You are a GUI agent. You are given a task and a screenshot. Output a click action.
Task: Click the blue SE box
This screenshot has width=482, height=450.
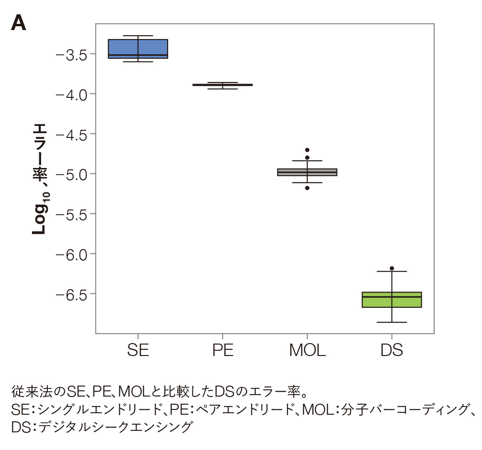point(138,48)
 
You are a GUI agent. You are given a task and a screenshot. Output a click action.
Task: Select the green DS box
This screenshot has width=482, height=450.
point(392,300)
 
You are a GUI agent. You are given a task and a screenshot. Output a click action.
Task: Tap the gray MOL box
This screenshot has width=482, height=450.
point(307,172)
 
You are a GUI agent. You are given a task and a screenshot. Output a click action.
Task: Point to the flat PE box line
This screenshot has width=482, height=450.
point(223,85)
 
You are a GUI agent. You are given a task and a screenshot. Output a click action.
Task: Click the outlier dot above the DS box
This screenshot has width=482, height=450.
point(392,268)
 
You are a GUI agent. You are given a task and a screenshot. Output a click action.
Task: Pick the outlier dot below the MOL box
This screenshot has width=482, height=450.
point(307,188)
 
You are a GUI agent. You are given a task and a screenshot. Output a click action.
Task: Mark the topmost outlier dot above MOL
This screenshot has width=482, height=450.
point(307,150)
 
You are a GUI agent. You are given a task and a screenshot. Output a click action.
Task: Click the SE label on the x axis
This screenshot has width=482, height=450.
point(138,351)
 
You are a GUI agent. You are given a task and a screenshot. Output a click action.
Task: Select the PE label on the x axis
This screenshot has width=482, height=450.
point(223,351)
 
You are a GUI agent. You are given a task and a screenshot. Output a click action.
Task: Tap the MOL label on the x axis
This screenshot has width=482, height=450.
point(307,351)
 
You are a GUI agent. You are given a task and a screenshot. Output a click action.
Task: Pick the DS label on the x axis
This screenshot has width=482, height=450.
point(392,351)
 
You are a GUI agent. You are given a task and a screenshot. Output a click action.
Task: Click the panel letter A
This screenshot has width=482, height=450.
point(18,23)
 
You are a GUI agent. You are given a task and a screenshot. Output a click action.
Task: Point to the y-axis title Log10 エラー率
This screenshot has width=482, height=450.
point(40,179)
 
